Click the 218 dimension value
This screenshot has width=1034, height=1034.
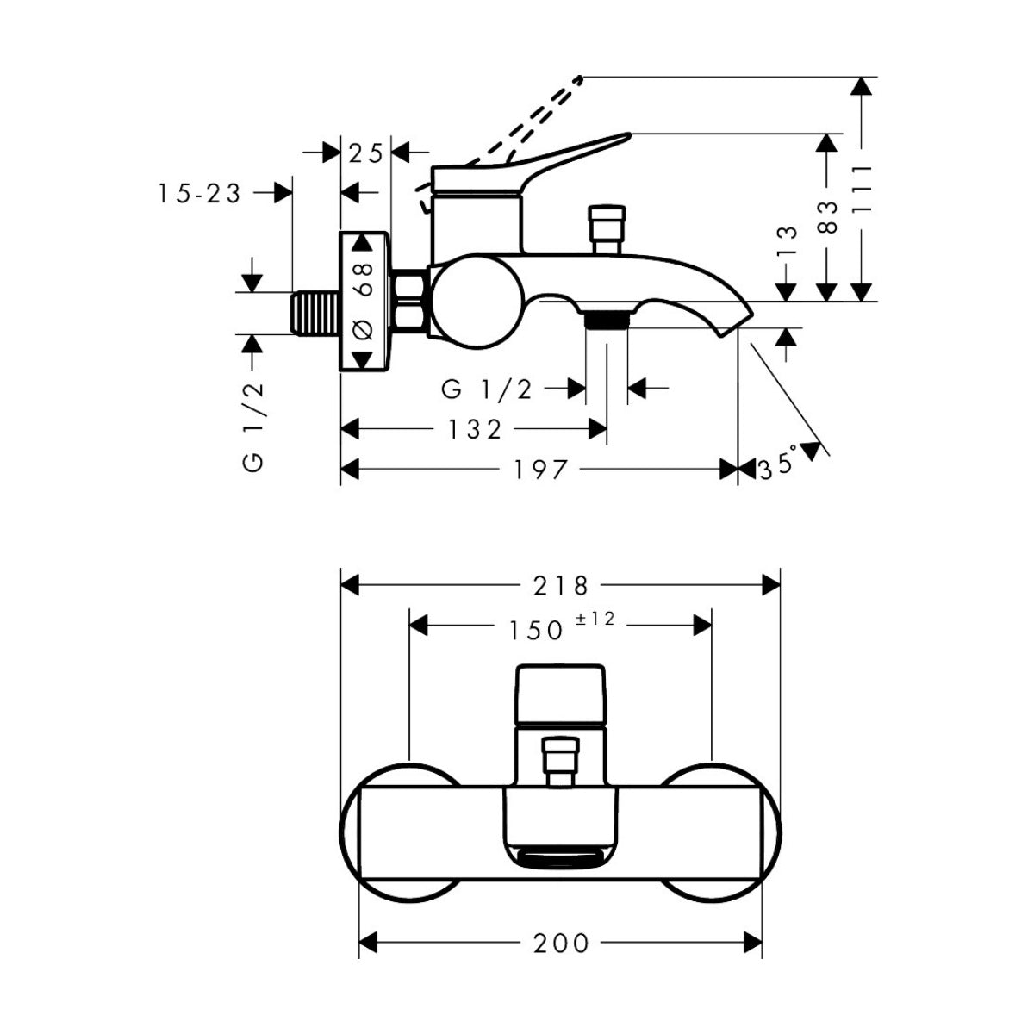pyautogui.click(x=561, y=585)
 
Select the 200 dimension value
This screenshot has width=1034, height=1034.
pyautogui.click(x=561, y=943)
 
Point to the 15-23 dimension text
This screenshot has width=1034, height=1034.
pyautogui.click(x=200, y=194)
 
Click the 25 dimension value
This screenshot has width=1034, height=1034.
pyautogui.click(x=366, y=153)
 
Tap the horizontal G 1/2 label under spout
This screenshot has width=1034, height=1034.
pyautogui.click(x=486, y=389)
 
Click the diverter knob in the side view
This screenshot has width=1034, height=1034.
pyautogui.click(x=606, y=228)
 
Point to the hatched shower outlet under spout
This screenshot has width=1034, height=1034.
pyautogui.click(x=607, y=321)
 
